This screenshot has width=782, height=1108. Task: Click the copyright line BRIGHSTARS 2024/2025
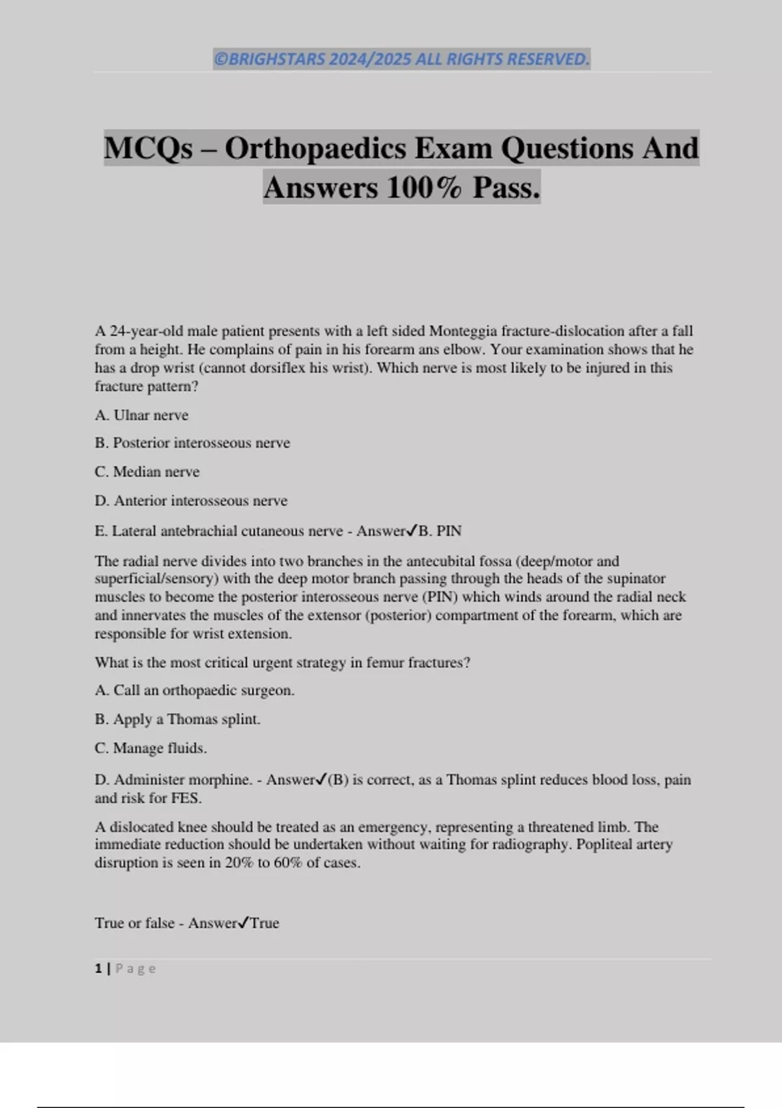401,59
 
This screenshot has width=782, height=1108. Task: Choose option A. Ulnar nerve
141,415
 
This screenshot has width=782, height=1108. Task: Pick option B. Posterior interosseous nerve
192,443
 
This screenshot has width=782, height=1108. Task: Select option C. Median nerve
147,472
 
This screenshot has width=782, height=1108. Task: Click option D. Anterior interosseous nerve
191,501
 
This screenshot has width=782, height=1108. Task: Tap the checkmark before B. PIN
411,531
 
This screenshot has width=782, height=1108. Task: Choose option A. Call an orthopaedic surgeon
194,691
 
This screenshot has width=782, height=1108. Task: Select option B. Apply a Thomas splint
177,720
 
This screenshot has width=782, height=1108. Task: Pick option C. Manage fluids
151,748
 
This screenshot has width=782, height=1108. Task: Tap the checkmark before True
244,923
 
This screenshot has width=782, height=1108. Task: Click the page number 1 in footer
98,969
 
